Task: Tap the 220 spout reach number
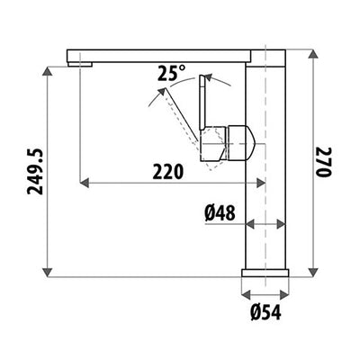(166, 170)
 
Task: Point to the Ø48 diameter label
(220, 213)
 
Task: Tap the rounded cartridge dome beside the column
(246, 141)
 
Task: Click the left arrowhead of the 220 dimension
(84, 183)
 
